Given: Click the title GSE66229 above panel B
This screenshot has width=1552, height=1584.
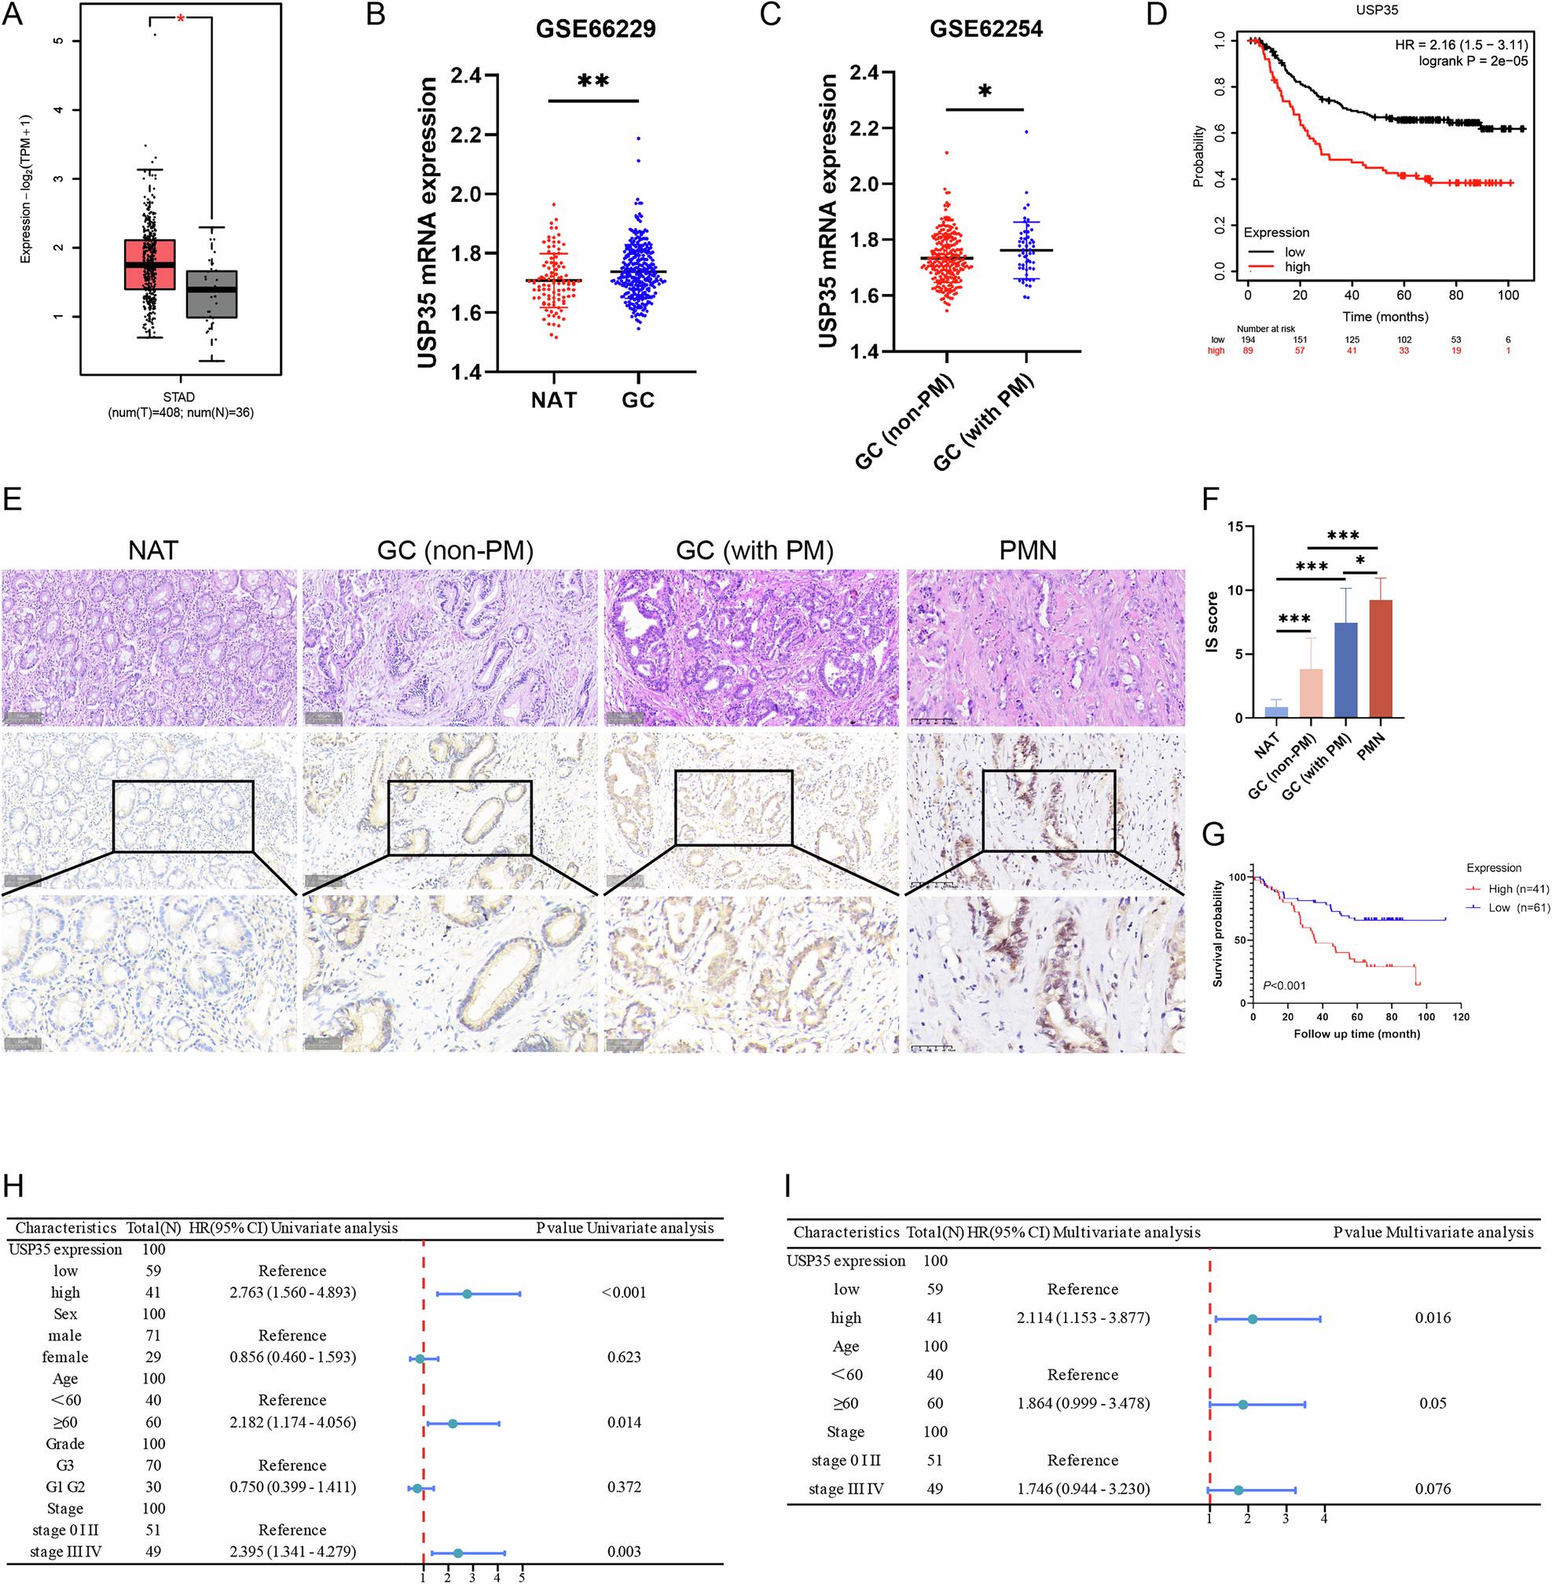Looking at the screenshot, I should click(595, 29).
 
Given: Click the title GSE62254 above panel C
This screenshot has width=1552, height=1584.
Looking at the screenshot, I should click(985, 29).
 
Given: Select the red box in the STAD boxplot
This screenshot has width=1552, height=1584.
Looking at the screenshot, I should click(149, 264).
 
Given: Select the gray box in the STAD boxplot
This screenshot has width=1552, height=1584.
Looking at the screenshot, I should click(211, 293).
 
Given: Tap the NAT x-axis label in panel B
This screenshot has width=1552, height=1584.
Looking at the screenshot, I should click(553, 400).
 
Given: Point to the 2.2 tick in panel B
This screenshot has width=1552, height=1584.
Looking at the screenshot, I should click(467, 134).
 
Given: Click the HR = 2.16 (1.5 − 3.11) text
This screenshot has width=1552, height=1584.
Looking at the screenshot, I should click(1461, 45).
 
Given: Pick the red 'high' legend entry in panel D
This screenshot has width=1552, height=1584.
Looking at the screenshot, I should click(1296, 266).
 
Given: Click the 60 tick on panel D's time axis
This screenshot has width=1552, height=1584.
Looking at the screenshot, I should click(1403, 295).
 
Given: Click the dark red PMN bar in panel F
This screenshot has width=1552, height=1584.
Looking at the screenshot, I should click(1380, 659).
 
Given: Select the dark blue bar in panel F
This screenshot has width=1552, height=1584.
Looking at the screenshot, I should click(1346, 670).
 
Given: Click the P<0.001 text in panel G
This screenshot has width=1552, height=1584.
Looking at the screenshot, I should click(1284, 986).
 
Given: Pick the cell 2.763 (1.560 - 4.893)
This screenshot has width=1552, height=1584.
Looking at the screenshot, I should click(292, 1292).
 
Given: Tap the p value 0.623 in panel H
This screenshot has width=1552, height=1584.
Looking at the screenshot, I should click(624, 1357).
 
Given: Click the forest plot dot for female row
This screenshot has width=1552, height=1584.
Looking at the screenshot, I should click(419, 1358).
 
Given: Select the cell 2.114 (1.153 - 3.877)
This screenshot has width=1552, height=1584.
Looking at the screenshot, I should click(1083, 1318).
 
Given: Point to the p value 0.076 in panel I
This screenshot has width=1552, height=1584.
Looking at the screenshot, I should click(1433, 1489).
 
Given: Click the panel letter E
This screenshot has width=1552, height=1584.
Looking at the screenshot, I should click(13, 498).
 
